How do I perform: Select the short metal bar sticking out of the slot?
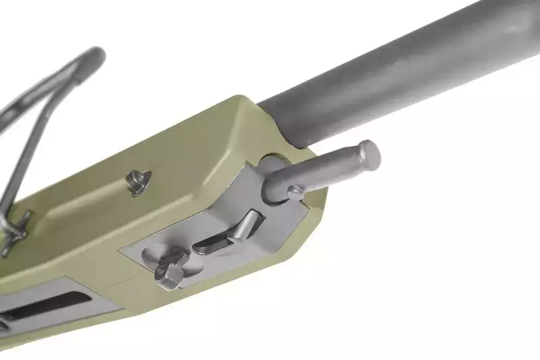[x=244, y=226]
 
